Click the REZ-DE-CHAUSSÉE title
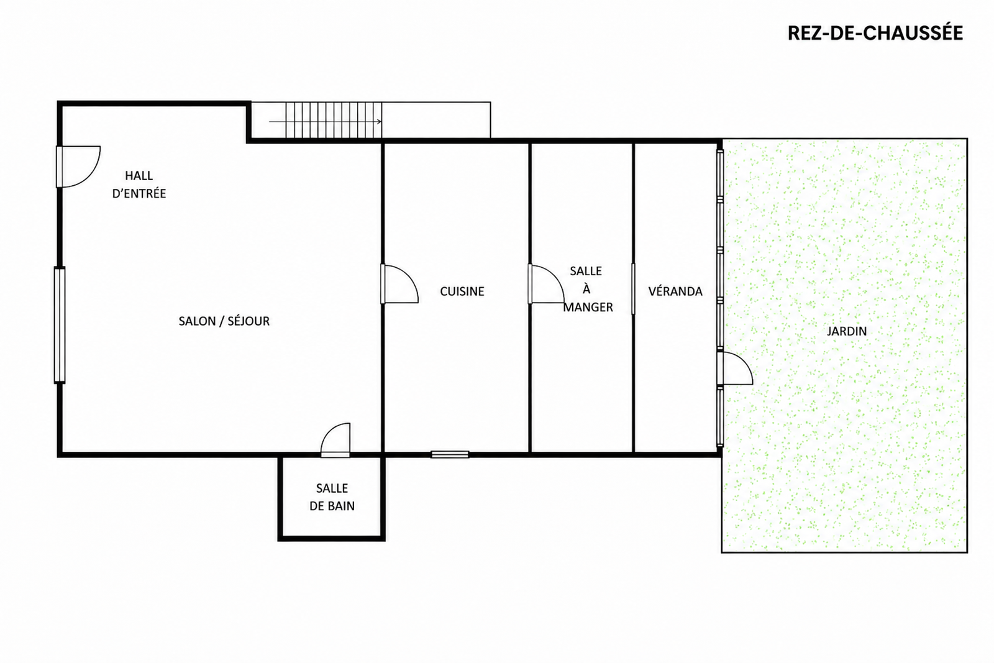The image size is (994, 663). coord(875,33)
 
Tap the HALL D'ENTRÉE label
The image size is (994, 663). coord(139,185)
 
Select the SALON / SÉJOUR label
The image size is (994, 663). coord(224,321)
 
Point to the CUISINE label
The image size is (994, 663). coord(462,291)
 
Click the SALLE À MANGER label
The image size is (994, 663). coord(588,289)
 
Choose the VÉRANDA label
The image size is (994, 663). coord(675,291)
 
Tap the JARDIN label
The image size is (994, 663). coord(847,331)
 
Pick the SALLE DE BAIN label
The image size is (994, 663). coord(332,497)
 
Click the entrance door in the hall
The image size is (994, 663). coord(78,167)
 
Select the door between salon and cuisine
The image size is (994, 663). coord(399,284)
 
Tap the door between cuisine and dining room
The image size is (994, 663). coord(546,284)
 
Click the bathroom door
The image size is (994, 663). coord(335,440)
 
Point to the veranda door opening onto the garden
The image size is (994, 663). coord(735,368)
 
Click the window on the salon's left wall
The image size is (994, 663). coord(60,325)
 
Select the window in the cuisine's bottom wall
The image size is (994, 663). coord(450,454)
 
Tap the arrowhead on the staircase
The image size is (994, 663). coord(380,121)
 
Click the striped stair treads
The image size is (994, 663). coord(334,121)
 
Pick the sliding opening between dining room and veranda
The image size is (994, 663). coord(633,289)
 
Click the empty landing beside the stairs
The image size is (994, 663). coord(436,121)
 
